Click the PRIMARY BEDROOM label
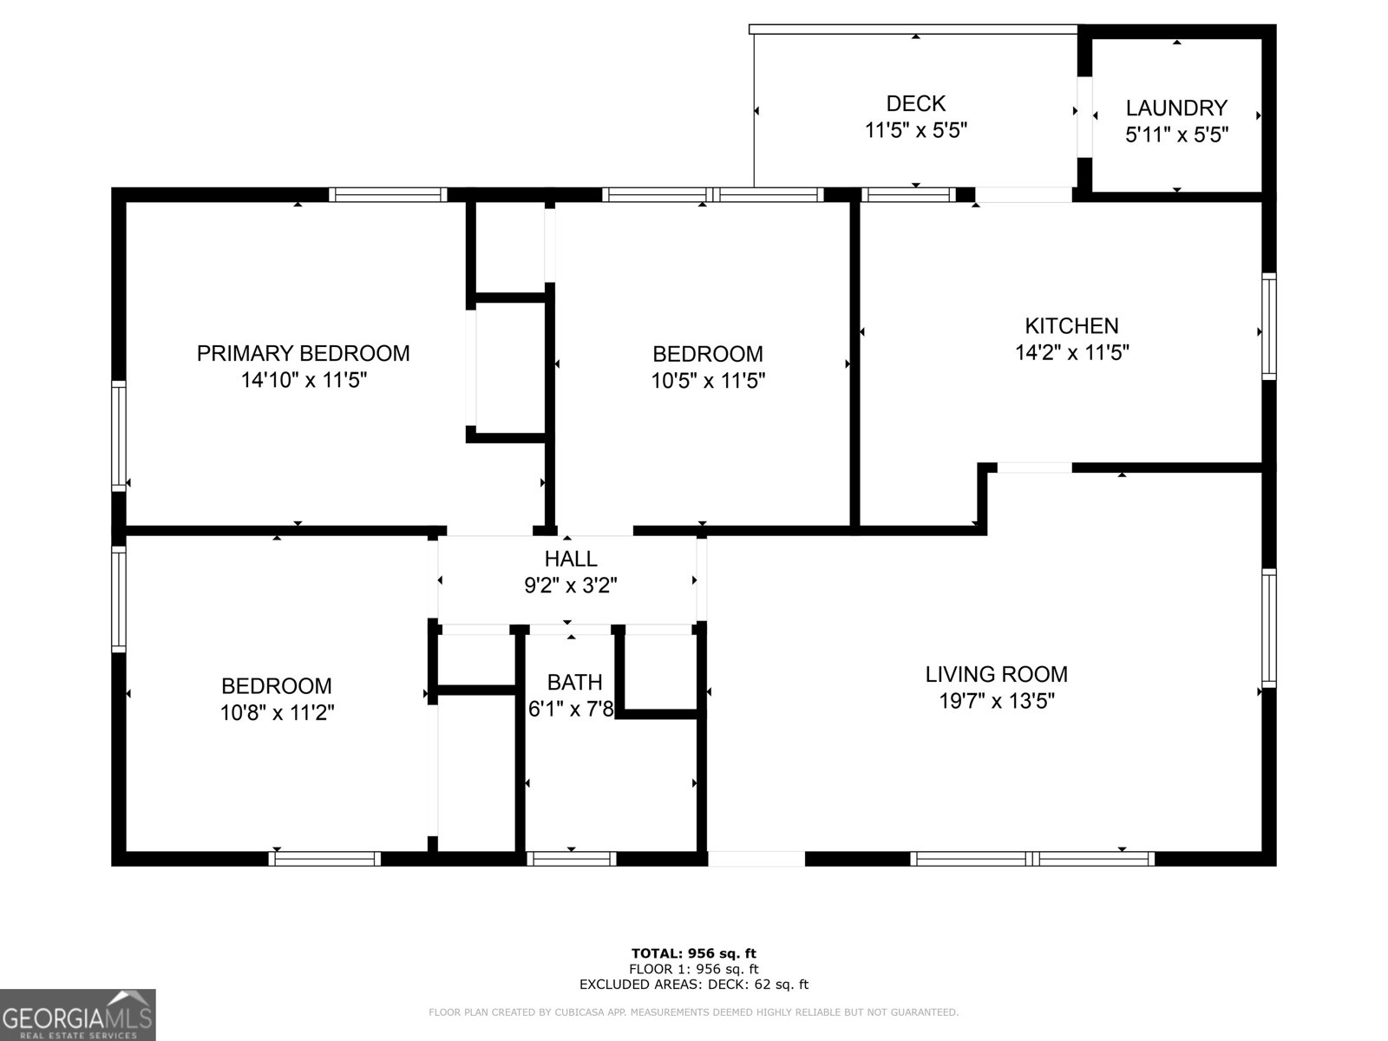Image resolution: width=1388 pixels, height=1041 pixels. (x=303, y=353)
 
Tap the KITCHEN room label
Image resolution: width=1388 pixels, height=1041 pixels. (x=1071, y=325)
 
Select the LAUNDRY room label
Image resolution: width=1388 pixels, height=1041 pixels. (x=1176, y=108)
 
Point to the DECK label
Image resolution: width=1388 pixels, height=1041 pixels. (x=915, y=103)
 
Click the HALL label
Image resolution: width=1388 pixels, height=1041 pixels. (x=570, y=559)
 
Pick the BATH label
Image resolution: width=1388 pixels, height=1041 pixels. (x=574, y=682)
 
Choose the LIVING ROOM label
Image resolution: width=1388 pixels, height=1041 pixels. (x=996, y=674)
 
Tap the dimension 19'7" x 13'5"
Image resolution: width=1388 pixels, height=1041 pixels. (x=997, y=701)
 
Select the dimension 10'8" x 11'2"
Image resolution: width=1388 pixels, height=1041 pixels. (x=277, y=713)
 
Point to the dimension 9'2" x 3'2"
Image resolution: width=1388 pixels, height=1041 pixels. (x=570, y=586)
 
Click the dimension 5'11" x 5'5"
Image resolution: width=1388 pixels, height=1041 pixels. (x=1176, y=134)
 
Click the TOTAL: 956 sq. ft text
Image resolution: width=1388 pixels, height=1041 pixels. (x=693, y=954)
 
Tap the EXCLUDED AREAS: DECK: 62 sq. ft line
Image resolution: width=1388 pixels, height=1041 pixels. (x=693, y=985)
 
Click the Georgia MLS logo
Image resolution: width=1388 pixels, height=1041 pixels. (x=77, y=1014)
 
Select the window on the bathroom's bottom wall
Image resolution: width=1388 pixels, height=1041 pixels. (x=571, y=859)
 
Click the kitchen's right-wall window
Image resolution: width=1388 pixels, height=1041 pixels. (x=1268, y=326)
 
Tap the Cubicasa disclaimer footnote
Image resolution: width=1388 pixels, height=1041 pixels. (x=693, y=1012)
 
